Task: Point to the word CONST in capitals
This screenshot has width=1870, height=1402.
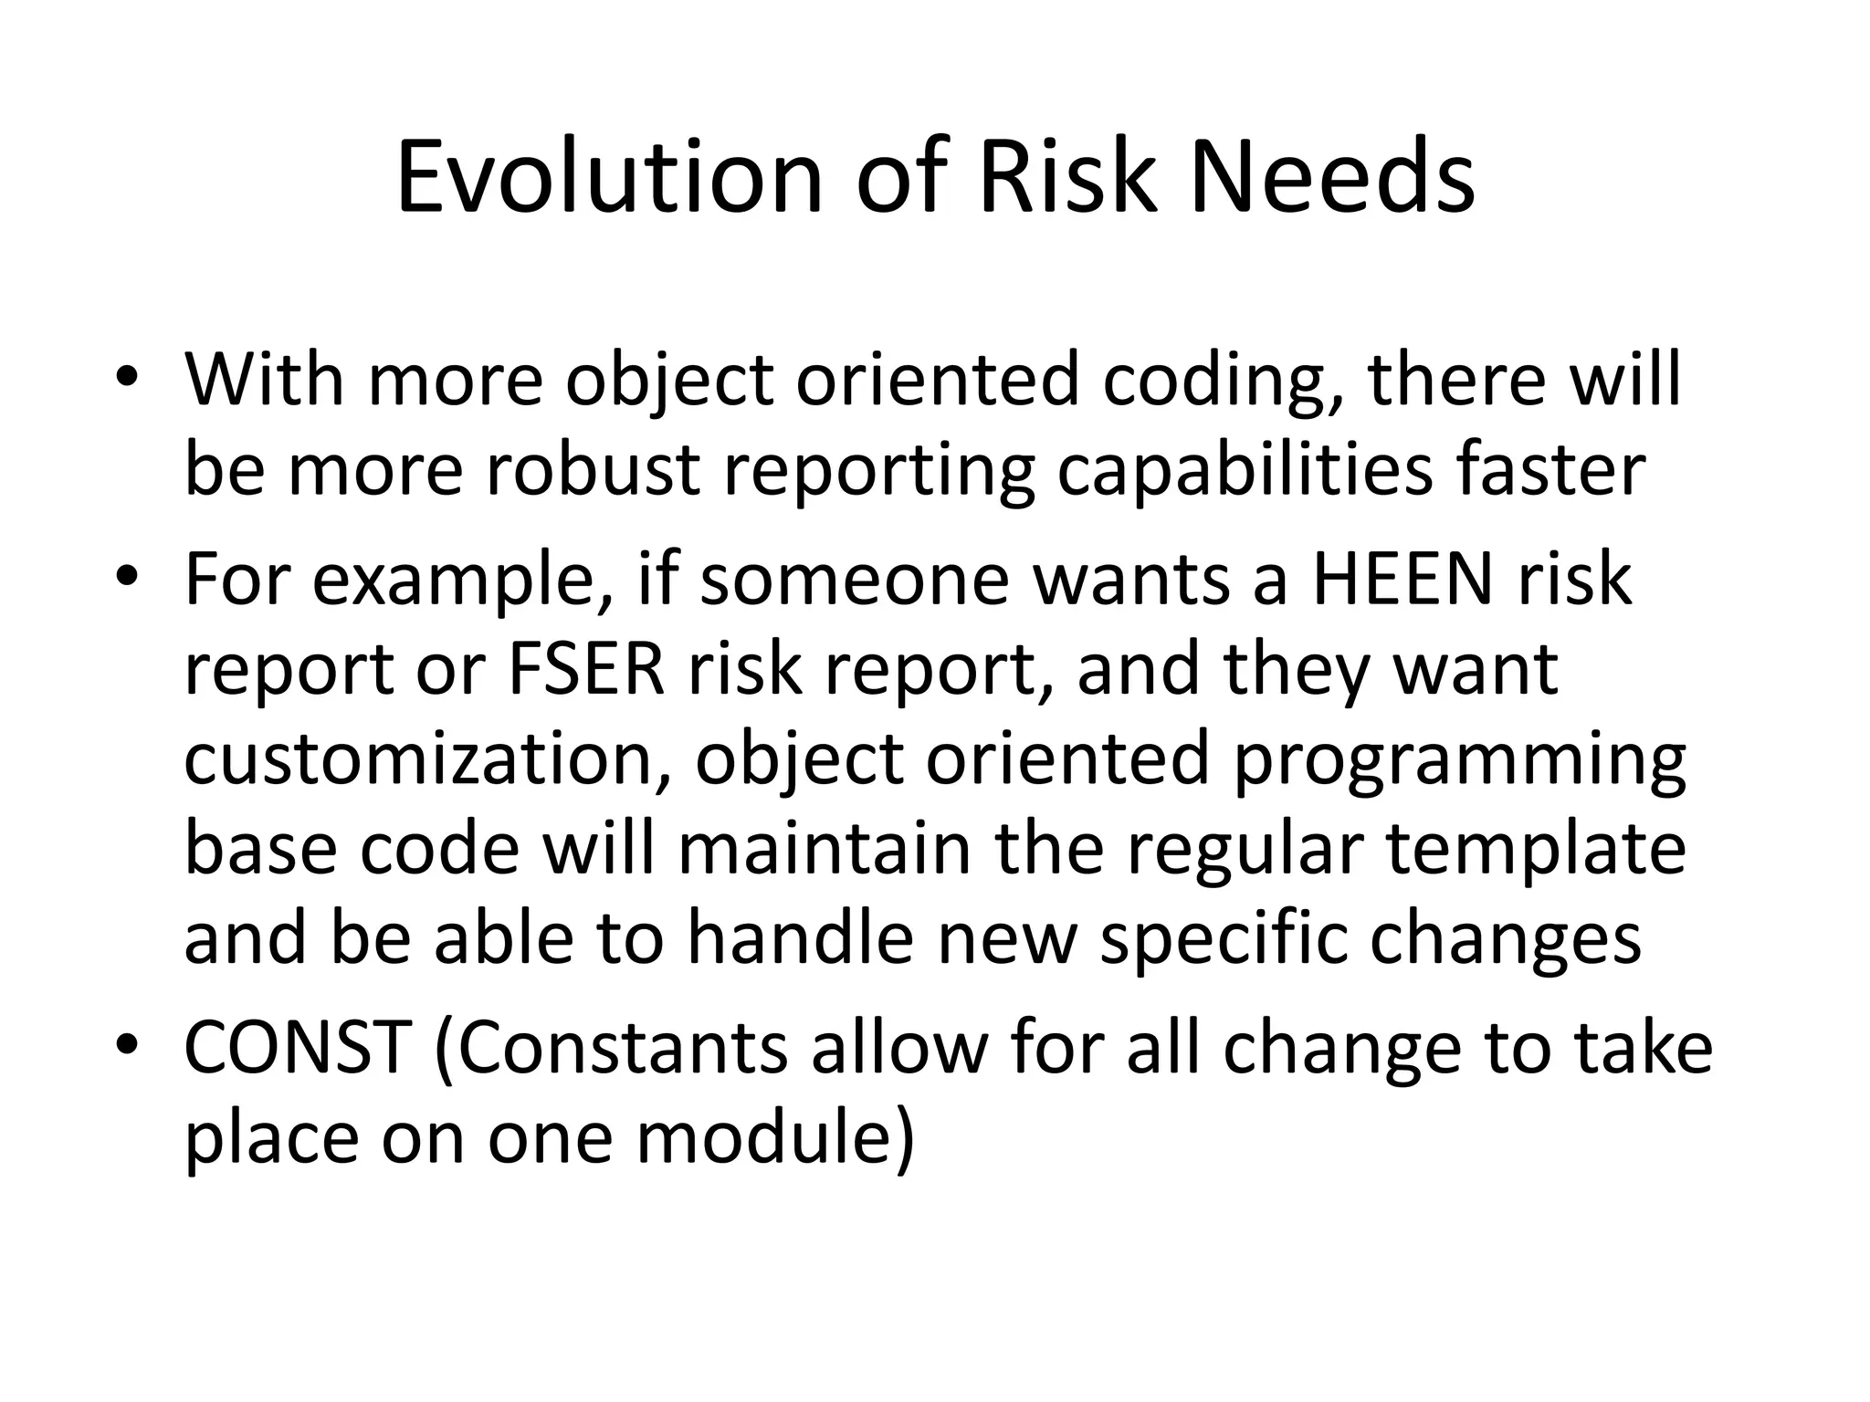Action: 298,1047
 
